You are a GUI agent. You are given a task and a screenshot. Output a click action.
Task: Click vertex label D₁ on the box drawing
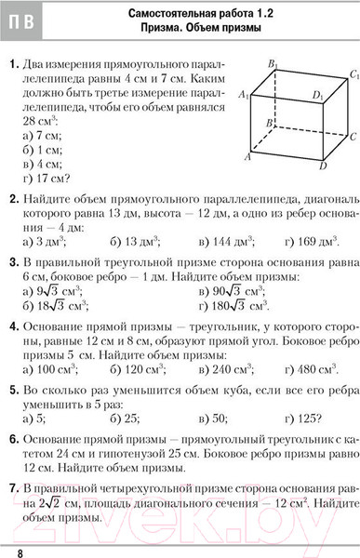pyautogui.click(x=318, y=95)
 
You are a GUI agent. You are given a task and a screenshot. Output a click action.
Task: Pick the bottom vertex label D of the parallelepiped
pyautogui.click(x=322, y=166)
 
